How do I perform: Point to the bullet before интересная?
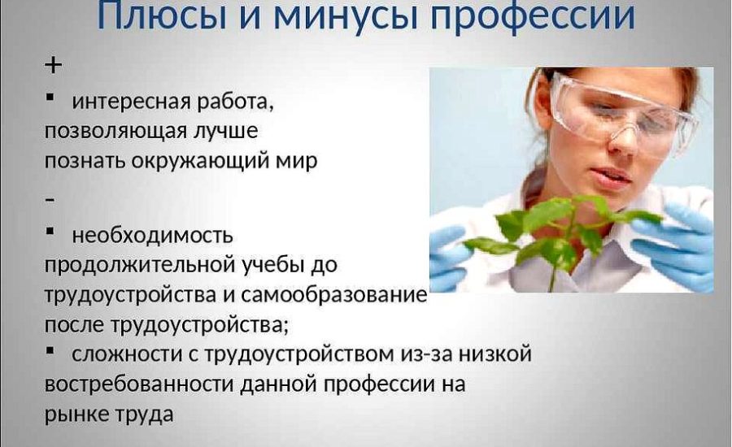pyautogui.click(x=50, y=98)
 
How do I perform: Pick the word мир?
pyautogui.click(x=295, y=160)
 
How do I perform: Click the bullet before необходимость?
pyautogui.click(x=50, y=232)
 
